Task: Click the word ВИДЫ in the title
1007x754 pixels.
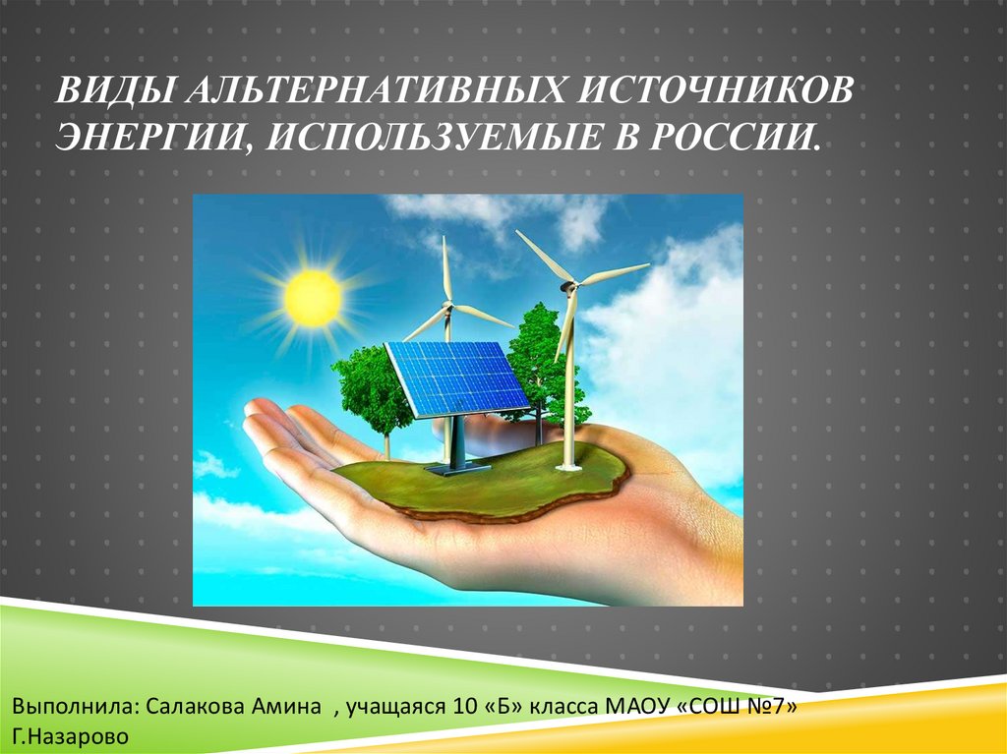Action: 115,90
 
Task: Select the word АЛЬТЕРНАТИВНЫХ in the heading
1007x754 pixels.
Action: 377,90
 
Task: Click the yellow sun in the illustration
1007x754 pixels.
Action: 313,298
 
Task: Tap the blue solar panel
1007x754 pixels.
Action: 457,378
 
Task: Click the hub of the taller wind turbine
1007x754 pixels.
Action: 567,286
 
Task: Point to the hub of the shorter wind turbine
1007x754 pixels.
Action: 447,307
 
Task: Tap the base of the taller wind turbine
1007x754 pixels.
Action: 568,465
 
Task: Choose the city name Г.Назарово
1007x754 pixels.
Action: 70,736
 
